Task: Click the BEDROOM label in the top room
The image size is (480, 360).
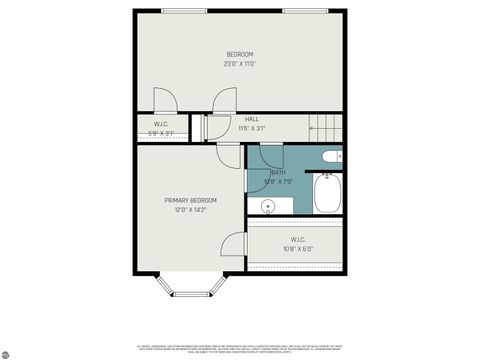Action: (x=239, y=54)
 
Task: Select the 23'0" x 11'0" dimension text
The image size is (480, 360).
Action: (x=239, y=64)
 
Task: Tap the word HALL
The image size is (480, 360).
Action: (x=252, y=119)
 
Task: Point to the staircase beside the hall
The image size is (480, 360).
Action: (x=325, y=126)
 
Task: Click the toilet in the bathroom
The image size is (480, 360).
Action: (x=332, y=156)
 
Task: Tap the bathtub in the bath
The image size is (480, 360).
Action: (x=328, y=193)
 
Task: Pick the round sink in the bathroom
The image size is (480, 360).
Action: (x=268, y=207)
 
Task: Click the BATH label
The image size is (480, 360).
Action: (x=278, y=172)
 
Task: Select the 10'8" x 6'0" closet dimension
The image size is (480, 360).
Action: (x=298, y=248)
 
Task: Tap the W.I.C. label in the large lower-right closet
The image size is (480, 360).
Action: (x=298, y=238)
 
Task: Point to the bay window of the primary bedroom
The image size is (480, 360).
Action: (x=189, y=290)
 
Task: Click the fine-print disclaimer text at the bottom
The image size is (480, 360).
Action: (x=240, y=347)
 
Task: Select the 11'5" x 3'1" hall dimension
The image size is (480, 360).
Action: (x=252, y=129)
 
